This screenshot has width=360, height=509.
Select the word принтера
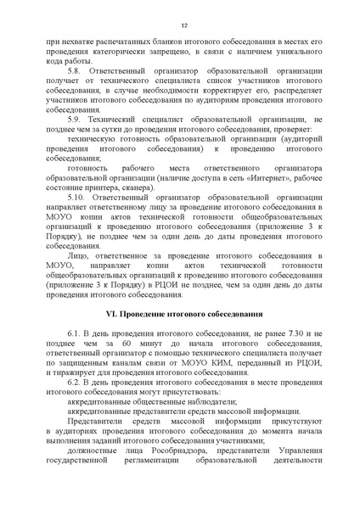point(94,187)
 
